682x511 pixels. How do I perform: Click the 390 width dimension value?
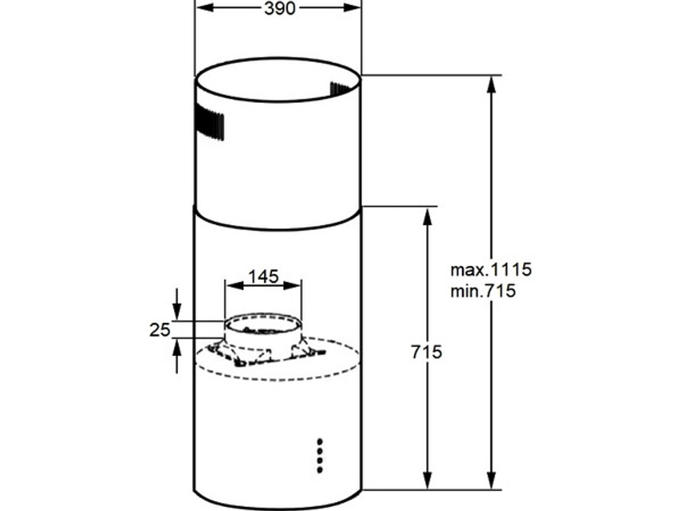point(280,7)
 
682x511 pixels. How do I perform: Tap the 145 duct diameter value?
point(263,277)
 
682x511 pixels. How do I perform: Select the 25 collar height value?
point(160,330)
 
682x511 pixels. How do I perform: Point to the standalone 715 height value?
point(426,352)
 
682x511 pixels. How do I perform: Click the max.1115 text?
point(491,270)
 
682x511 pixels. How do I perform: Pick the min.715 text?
point(483,291)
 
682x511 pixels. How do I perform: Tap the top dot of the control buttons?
point(320,442)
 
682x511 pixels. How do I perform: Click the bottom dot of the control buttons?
point(320,469)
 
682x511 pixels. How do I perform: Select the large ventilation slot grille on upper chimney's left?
point(209,123)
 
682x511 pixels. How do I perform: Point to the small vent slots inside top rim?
point(340,89)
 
